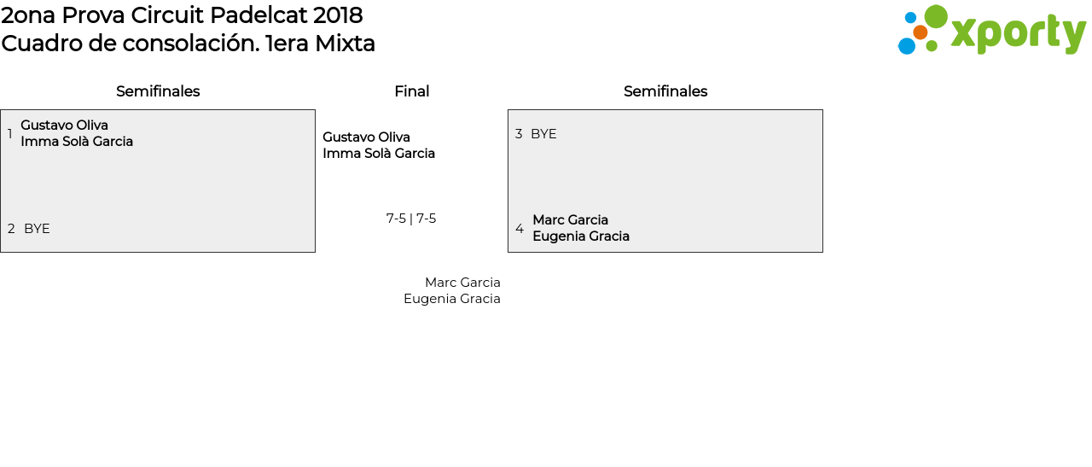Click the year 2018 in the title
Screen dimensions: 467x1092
[x=338, y=15]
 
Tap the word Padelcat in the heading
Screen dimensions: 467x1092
[x=260, y=15]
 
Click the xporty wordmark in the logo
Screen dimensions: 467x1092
[x=1018, y=33]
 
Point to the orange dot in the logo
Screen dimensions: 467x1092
[x=920, y=32]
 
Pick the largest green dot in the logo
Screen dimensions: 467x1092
[x=936, y=16]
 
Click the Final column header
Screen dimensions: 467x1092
[x=411, y=91]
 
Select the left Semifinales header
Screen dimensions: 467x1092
[x=158, y=91]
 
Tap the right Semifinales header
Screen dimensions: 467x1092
[x=665, y=91]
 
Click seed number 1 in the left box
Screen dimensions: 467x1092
[x=10, y=134]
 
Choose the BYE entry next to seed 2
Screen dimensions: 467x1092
[x=37, y=229]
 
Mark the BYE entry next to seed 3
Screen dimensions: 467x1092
[x=543, y=134]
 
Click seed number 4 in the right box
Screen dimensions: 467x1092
[x=520, y=229]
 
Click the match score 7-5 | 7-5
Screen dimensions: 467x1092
[x=411, y=219]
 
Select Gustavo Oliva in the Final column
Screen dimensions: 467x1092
[x=366, y=137]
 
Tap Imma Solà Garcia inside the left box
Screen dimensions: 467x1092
[x=77, y=142]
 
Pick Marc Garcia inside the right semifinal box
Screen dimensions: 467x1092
[x=570, y=220]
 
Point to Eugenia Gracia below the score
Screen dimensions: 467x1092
[x=452, y=299]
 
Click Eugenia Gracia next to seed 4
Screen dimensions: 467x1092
[x=581, y=236]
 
